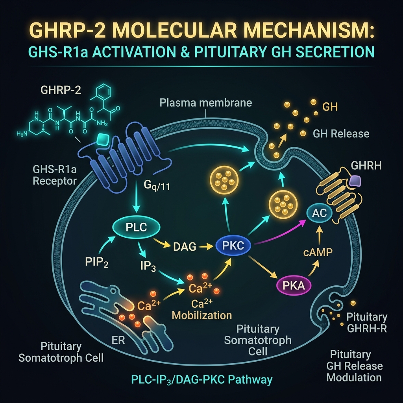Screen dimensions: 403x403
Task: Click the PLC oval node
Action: [x=136, y=227]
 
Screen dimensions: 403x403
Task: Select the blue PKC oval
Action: [x=233, y=246]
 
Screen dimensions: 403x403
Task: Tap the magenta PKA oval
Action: [x=294, y=286]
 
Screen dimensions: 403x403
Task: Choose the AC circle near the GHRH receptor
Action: [x=320, y=213]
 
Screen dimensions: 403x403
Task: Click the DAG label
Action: [x=185, y=247]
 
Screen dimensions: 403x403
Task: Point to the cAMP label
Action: [x=318, y=252]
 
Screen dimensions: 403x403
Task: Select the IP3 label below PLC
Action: [x=148, y=266]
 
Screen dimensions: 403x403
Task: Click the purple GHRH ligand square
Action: [x=355, y=181]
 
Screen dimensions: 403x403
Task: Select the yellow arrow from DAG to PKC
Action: [x=206, y=247]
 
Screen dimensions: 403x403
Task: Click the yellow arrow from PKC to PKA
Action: [x=263, y=267]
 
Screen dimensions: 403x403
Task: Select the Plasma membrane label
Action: [x=205, y=103]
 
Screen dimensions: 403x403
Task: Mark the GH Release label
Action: [x=341, y=134]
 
